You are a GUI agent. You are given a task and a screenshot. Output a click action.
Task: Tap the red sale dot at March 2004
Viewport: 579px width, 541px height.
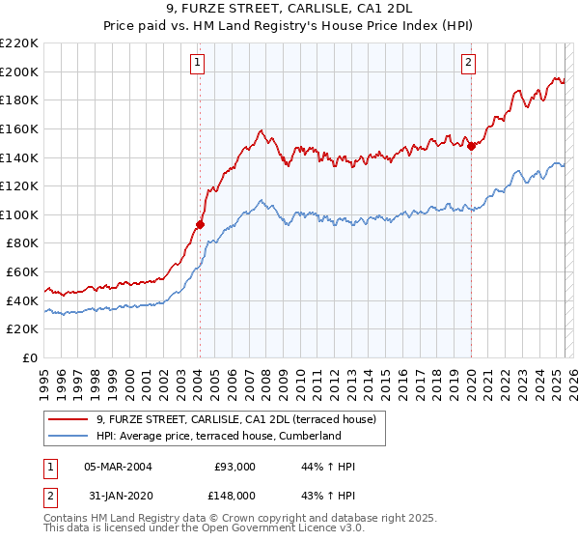pyautogui.click(x=200, y=224)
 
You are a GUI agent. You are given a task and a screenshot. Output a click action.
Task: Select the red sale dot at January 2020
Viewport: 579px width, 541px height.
pyautogui.click(x=471, y=146)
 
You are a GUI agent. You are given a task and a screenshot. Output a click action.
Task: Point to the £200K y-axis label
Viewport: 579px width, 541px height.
pyautogui.click(x=20, y=71)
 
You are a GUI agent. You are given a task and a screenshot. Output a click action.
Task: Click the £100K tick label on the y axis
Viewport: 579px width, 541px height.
pyautogui.click(x=20, y=214)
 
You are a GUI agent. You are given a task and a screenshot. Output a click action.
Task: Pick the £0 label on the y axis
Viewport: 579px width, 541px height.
pyautogui.click(x=30, y=357)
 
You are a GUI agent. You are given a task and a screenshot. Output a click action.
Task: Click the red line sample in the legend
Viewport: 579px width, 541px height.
pyautogui.click(x=69, y=419)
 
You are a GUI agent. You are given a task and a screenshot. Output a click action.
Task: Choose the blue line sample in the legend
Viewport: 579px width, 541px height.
pyautogui.click(x=69, y=436)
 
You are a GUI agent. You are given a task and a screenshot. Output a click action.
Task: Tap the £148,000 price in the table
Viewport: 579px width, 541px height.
pyautogui.click(x=234, y=495)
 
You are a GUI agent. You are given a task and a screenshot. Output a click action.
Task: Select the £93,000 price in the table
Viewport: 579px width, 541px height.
pyautogui.click(x=234, y=467)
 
